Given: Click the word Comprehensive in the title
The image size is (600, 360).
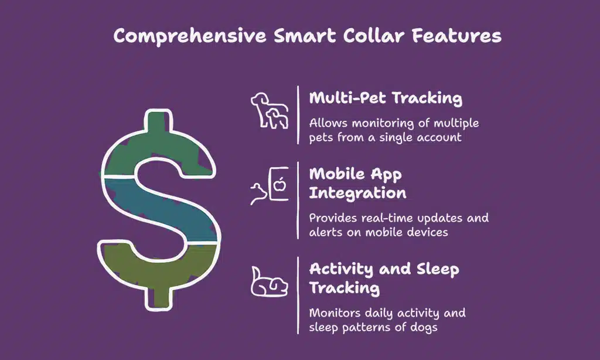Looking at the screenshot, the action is tap(190, 36).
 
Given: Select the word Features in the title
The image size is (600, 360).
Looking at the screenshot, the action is tap(456, 36).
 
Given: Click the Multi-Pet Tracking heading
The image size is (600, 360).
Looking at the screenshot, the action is tap(386, 98).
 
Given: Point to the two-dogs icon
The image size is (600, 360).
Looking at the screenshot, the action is tap(270, 110).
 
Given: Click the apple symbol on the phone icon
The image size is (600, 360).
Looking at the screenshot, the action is tap(281, 185).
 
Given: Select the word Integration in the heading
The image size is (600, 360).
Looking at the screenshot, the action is tap(358, 193).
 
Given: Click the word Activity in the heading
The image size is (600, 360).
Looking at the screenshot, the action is tap(341, 270).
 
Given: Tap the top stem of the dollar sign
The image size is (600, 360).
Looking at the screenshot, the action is tap(158, 121).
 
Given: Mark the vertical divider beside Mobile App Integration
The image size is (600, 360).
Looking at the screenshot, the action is tap(298, 200).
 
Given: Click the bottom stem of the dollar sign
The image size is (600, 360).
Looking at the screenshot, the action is tap(158, 298).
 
